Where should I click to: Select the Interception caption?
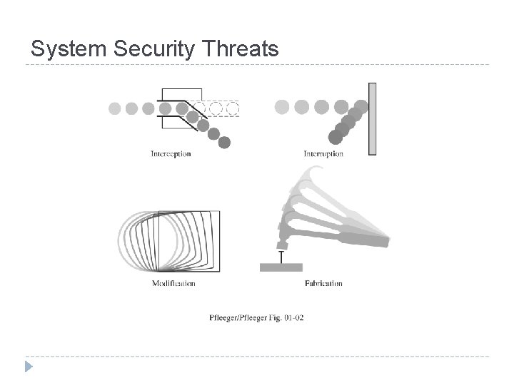pyautogui.click(x=171, y=153)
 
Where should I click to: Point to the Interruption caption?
pyautogui.click(x=323, y=153)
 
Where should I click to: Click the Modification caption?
pyautogui.click(x=173, y=283)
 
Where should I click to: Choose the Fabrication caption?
pyautogui.click(x=323, y=283)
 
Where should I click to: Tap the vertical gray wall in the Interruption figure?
pyautogui.click(x=372, y=118)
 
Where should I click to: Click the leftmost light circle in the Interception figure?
pyautogui.click(x=115, y=108)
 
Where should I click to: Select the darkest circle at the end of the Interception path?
pyautogui.click(x=225, y=143)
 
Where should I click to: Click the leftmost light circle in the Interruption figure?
pyautogui.click(x=283, y=107)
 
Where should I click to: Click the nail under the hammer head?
pyautogui.click(x=281, y=257)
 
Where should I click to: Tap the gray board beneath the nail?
pyautogui.click(x=282, y=267)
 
